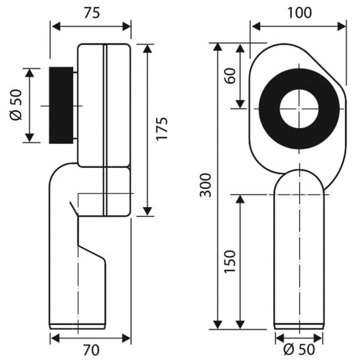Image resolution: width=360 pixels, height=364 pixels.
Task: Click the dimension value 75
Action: tap(92, 13)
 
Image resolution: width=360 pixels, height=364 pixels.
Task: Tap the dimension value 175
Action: tap(161, 129)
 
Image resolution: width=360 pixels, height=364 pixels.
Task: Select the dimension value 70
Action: tap(91, 350)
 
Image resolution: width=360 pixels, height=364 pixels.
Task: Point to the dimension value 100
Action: tap(300, 13)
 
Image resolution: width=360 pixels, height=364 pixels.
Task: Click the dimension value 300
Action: tap(206, 185)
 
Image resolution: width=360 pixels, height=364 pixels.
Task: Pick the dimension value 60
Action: tap(230, 76)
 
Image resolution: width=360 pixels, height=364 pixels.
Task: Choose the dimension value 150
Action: tap(230, 261)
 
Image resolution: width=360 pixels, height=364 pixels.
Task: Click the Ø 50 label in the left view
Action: tap(16, 105)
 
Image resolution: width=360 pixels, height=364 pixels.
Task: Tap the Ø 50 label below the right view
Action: tap(299, 349)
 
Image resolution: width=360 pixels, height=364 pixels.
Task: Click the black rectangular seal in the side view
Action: tap(61, 105)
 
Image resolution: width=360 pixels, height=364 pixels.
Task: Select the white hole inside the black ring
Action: tap(299, 109)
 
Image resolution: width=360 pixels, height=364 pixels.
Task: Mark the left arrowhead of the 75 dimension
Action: tap(56, 27)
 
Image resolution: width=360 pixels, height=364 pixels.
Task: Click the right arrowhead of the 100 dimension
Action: tap(342, 27)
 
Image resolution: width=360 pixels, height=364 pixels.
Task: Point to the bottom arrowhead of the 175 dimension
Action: tap(148, 212)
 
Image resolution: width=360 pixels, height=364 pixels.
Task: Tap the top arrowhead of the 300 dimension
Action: tap(217, 47)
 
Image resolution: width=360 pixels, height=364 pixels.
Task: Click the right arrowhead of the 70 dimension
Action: tap(126, 338)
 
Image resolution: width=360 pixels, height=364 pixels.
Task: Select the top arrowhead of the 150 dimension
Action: tap(240, 199)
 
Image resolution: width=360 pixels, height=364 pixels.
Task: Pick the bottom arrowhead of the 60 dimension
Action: tap(240, 104)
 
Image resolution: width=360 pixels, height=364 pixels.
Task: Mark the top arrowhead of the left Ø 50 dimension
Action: tap(29, 73)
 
